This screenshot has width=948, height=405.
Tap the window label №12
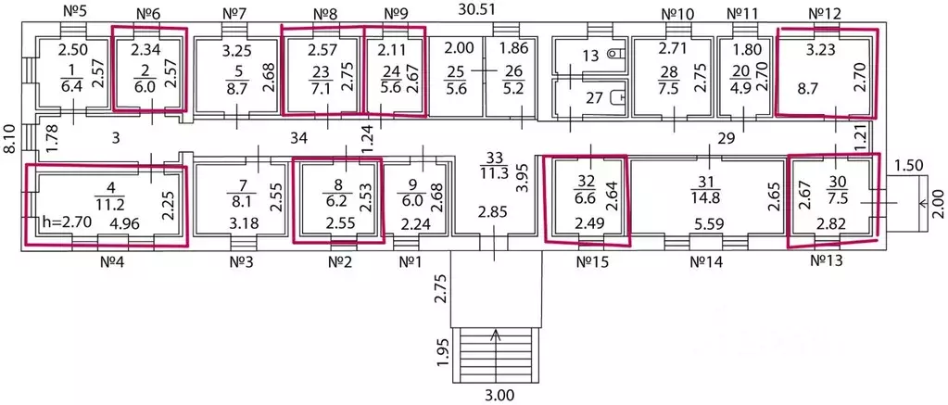[x=825, y=13]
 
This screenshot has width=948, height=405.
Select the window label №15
[x=591, y=263]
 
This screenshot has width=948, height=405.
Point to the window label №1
[x=411, y=263]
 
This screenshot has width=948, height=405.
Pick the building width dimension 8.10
[x=8, y=139]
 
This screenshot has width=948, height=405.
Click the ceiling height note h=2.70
[x=65, y=222]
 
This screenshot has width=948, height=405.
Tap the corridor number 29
[x=726, y=138]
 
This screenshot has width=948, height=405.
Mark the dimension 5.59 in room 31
[x=709, y=222]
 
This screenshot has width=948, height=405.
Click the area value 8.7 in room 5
[x=237, y=91]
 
